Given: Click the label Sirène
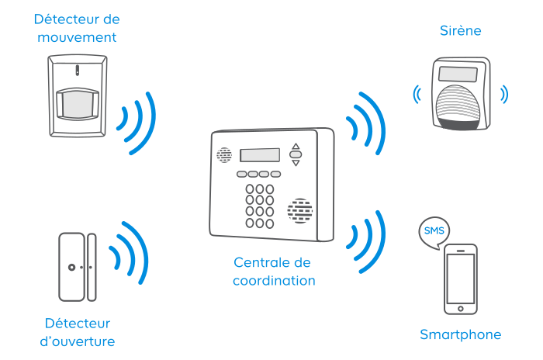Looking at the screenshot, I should pos(460,31).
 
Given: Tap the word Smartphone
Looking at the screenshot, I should pos(460,335).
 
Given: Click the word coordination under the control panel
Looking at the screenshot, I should pos(274,281).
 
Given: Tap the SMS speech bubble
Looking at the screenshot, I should pos(433,231).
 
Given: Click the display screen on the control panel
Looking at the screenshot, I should pos(260,155).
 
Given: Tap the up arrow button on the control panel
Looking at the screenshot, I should pos(295,146).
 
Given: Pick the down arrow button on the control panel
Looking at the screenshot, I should pos(295,163).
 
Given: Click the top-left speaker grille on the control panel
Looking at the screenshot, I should pos(224,155).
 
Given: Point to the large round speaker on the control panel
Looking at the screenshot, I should pos(299,210).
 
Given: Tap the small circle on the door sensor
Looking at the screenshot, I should pos(71,267).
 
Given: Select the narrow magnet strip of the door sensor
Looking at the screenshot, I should pos(92,266).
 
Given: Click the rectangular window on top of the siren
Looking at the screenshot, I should pos(458,74).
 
